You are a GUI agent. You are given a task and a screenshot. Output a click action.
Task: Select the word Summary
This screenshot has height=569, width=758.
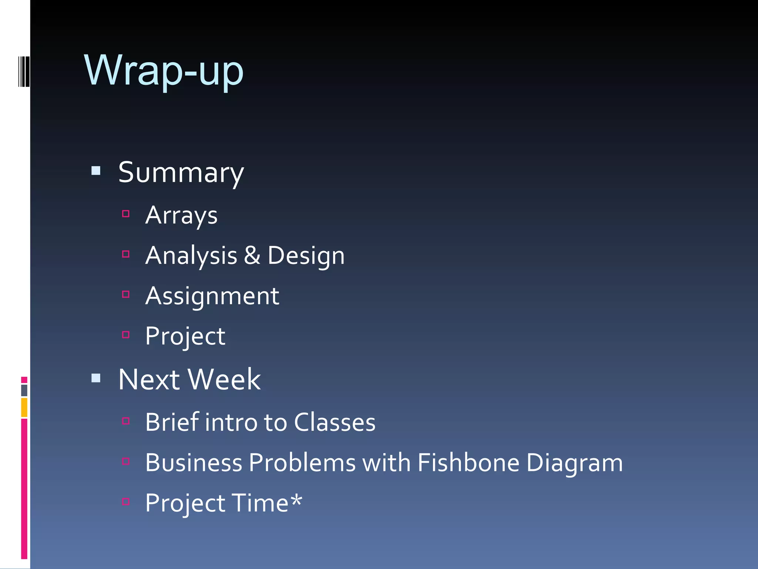(181, 173)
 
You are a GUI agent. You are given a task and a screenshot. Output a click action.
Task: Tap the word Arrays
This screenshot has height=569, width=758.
(181, 216)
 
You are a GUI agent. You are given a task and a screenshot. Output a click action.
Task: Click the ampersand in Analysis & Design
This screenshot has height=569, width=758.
(252, 256)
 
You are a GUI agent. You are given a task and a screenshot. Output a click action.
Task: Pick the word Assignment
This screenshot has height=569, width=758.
(212, 296)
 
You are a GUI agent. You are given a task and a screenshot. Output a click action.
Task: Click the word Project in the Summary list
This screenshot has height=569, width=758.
(185, 337)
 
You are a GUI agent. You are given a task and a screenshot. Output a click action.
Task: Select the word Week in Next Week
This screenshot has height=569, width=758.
(224, 380)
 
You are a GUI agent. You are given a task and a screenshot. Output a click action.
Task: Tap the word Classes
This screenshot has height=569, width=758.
(335, 422)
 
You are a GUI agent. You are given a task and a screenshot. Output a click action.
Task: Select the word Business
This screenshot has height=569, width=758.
(194, 463)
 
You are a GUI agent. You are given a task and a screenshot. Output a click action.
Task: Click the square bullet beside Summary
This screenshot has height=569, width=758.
(96, 171)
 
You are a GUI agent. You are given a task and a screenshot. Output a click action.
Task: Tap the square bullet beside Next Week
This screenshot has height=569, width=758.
(96, 378)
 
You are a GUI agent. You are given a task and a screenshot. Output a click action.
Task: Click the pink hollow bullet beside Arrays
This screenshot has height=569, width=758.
(126, 214)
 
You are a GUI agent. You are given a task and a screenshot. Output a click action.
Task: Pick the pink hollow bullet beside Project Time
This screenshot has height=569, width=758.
(126, 502)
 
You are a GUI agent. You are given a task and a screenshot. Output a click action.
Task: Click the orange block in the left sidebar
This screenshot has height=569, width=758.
(24, 407)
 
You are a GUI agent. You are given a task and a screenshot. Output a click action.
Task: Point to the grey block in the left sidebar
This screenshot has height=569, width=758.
(24, 390)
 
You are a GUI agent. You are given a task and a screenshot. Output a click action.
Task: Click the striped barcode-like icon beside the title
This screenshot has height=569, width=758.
(24, 71)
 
